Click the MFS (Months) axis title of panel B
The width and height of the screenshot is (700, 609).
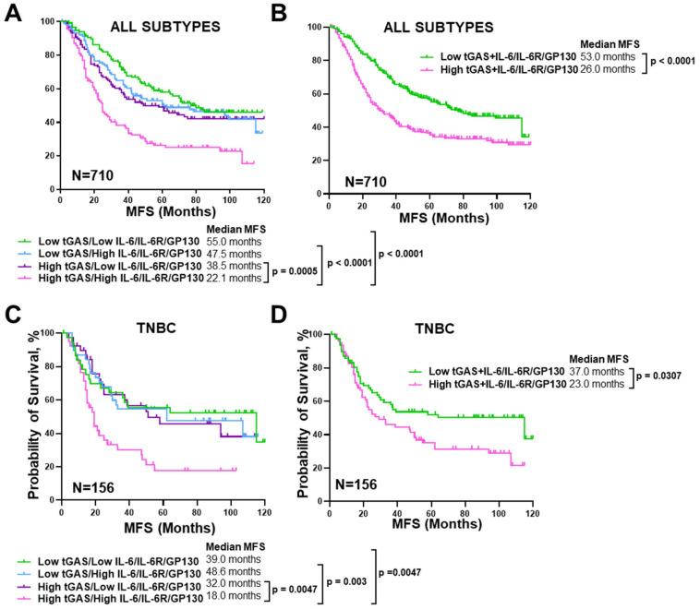pos(428,222)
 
